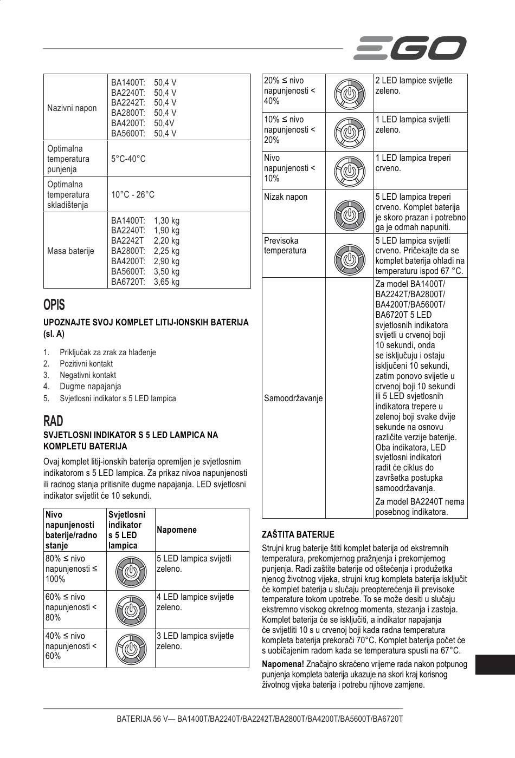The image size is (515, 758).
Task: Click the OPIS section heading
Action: click(54, 305)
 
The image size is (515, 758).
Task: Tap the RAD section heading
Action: click(53, 421)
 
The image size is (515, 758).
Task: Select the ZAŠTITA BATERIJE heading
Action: click(298, 534)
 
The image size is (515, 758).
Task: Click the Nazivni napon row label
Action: click(72, 108)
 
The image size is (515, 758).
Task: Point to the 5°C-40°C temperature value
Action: click(128, 159)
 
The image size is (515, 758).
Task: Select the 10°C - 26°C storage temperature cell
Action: click(133, 194)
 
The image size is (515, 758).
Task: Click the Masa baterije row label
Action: click(70, 251)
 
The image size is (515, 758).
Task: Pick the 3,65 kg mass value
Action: click(166, 282)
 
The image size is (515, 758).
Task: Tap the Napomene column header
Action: click(176, 530)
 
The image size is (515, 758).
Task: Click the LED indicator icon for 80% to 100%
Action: click(130, 571)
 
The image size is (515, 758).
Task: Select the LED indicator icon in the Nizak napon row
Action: click(350, 214)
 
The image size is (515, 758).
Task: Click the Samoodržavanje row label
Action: click(293, 398)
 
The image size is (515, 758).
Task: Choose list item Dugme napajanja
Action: click(90, 387)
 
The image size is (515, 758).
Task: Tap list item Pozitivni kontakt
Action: click(86, 364)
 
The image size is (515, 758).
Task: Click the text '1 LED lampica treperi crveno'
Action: click(413, 163)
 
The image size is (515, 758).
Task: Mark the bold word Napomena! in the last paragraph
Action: click(282, 664)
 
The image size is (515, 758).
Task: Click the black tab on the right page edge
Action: click(495, 665)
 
